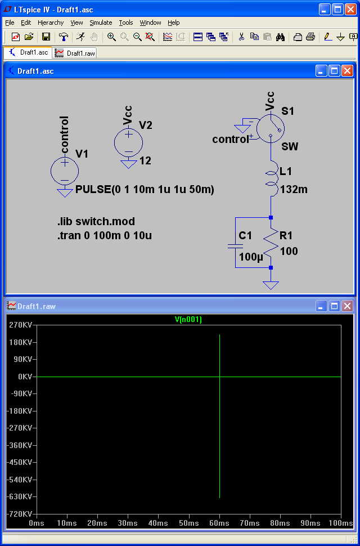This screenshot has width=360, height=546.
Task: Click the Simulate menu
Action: [x=101, y=23]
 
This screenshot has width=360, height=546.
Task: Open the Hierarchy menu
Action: [x=51, y=23]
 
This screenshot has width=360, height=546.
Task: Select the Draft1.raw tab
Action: [x=76, y=53]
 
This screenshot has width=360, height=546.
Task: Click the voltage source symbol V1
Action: [x=65, y=171]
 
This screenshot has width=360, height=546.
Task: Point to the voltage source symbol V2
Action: [x=128, y=142]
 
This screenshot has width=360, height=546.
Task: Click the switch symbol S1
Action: [x=270, y=129]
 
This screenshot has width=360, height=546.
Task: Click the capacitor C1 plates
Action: [x=235, y=246]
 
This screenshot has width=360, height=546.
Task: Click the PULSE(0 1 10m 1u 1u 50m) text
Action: [x=145, y=190]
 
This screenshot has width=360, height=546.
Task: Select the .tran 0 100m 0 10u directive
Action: [x=105, y=236]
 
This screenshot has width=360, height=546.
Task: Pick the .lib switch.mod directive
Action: [x=96, y=221]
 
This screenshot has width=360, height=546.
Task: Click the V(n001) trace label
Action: [x=188, y=319]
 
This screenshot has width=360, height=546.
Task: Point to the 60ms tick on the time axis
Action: [x=219, y=523]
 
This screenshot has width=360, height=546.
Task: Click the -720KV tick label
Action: [x=20, y=514]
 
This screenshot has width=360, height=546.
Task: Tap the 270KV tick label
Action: [x=21, y=325]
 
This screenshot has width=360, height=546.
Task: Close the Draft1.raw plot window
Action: [x=347, y=306]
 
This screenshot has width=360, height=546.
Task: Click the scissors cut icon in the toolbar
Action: [x=242, y=37]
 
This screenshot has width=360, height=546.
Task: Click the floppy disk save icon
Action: [x=46, y=37]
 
